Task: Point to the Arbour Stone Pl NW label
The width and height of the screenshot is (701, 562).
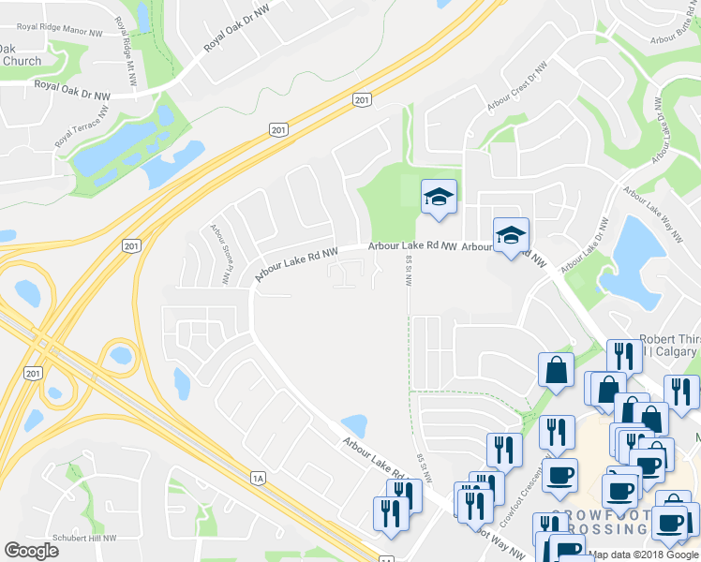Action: [x=220, y=254]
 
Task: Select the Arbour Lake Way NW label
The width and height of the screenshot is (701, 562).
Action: [x=660, y=202]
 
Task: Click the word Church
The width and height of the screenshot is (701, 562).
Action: [x=21, y=61]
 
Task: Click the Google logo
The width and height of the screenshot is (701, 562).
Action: [x=31, y=551]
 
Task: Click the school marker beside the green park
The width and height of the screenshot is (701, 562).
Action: [x=439, y=197]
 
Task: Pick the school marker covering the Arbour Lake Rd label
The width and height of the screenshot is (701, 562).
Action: [x=512, y=235]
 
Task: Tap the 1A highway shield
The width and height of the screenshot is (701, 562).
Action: [x=259, y=479]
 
